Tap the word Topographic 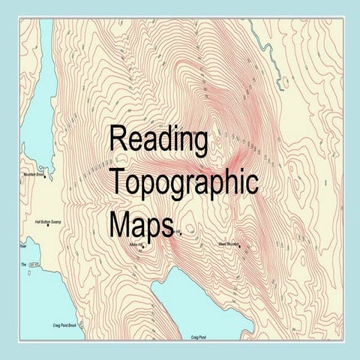coord(183,182)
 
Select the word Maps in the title coord(139,223)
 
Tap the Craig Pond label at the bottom coord(199,337)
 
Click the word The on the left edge coord(23,264)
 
